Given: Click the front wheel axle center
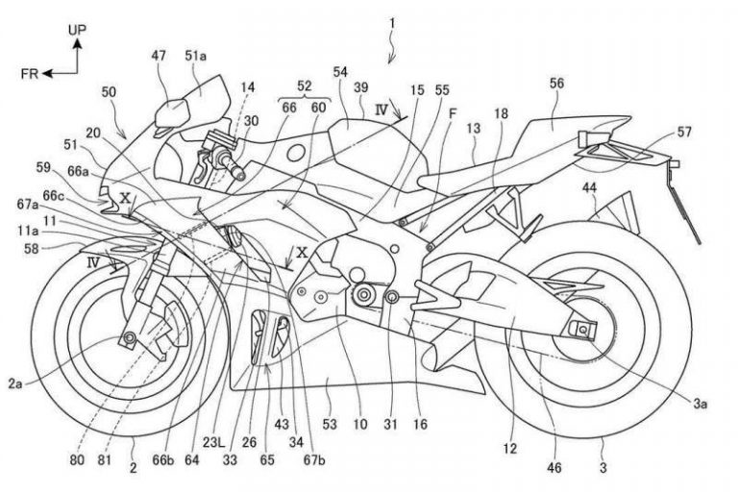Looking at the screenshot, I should tap(128, 336).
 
